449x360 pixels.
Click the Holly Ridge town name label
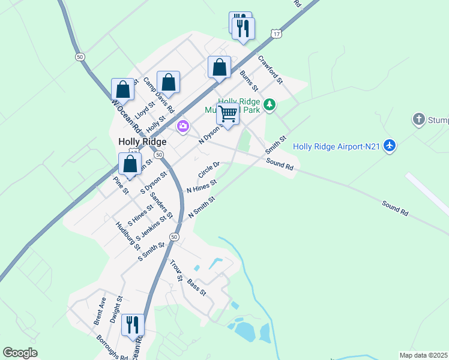[x=142, y=142]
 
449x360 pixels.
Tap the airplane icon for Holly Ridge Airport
[x=390, y=146]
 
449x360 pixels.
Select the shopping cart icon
[x=228, y=113]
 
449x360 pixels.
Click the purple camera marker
[x=183, y=127]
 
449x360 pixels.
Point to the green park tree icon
[x=270, y=106]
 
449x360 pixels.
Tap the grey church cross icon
[x=419, y=119]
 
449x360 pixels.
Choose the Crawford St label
[x=270, y=68]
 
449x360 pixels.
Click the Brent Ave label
[x=100, y=311]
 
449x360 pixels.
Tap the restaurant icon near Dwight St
[x=133, y=325]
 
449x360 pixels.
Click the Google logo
[x=20, y=353]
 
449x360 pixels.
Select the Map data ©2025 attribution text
[x=424, y=355]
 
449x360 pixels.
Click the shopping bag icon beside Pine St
[x=130, y=164]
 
